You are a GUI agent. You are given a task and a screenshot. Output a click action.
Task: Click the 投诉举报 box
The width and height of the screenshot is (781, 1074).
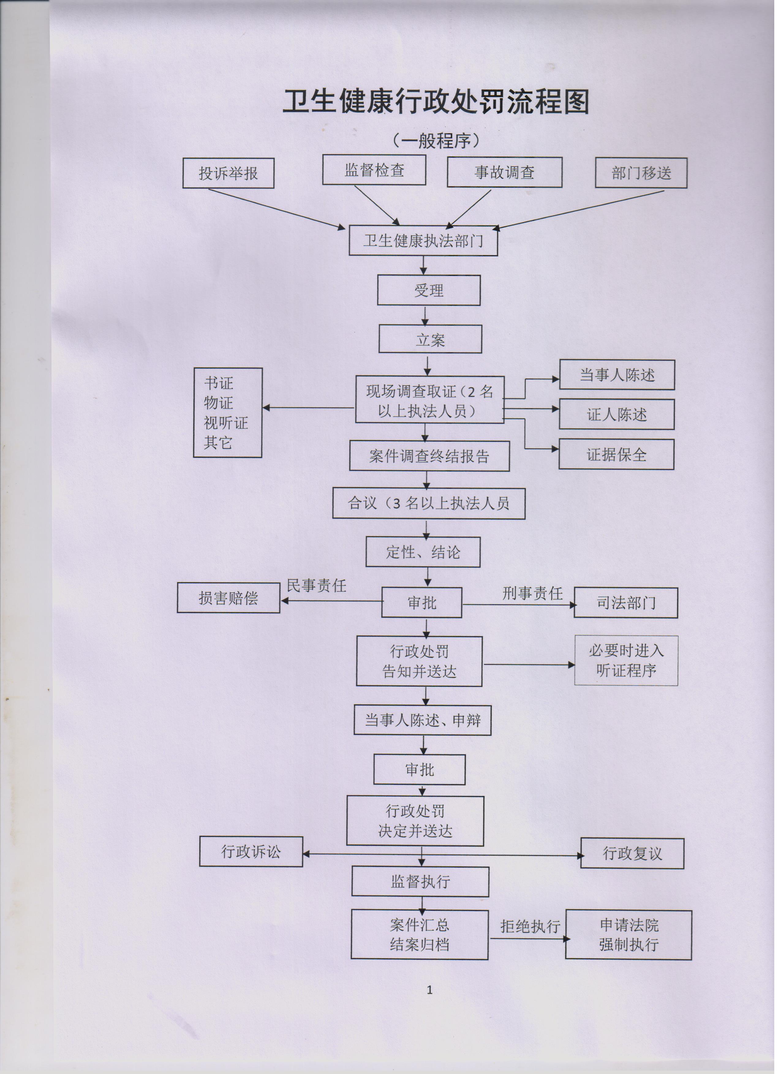[228, 173]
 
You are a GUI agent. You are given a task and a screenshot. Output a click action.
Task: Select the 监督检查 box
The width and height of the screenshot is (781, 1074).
[374, 170]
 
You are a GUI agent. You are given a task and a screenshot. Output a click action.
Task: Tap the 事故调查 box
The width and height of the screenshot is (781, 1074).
[504, 172]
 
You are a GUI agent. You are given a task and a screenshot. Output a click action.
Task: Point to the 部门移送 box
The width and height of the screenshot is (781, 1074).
[641, 173]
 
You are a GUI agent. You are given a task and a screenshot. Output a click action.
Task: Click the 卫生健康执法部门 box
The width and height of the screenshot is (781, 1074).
[423, 241]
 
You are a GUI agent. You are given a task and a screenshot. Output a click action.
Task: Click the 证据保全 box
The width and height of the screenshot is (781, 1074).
[617, 454]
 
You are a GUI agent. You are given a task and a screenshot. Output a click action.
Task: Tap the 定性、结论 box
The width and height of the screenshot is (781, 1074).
[423, 552]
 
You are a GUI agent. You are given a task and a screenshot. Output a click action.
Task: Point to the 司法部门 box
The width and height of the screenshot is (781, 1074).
[626, 603]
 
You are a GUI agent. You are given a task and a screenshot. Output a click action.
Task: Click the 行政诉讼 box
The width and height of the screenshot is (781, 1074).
[251, 852]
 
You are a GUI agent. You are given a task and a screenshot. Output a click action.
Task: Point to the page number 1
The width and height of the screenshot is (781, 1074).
[430, 990]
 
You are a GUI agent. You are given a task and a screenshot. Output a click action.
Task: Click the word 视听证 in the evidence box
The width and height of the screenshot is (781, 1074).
[226, 423]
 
